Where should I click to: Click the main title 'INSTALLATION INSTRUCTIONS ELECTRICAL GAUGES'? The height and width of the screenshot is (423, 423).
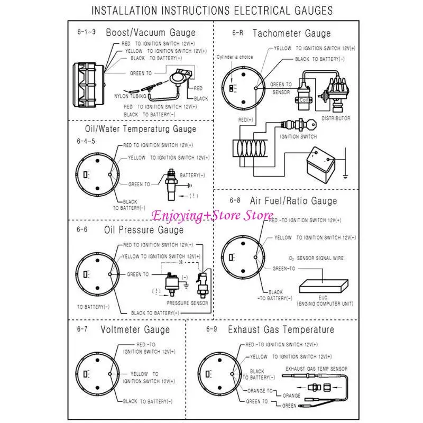click(x=212, y=10)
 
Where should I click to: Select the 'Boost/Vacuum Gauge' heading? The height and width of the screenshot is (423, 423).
click(x=151, y=33)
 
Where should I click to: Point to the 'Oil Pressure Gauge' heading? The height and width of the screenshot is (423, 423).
click(x=144, y=230)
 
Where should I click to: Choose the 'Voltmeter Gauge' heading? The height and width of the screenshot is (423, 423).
click(x=135, y=330)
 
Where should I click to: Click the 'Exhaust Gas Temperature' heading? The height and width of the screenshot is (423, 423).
click(x=281, y=330)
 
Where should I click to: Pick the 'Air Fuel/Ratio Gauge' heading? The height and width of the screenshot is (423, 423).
click(x=293, y=201)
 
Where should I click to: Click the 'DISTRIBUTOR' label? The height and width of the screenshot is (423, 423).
click(x=336, y=118)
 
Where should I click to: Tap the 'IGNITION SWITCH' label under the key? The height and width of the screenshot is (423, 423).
click(x=298, y=136)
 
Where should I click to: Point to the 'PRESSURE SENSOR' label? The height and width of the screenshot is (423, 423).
click(x=187, y=303)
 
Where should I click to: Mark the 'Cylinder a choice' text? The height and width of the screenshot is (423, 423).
click(x=235, y=57)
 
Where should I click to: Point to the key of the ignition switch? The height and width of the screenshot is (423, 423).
click(x=313, y=126)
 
